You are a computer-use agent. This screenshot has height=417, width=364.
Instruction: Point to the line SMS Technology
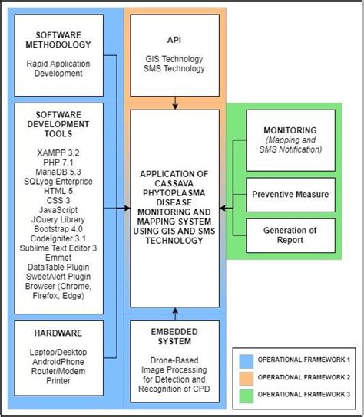[x=175, y=69]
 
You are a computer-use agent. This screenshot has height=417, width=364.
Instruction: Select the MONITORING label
[x=290, y=130]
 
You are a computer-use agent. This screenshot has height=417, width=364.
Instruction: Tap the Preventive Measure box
[x=290, y=195]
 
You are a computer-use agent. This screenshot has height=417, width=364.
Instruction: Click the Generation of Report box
[x=290, y=235]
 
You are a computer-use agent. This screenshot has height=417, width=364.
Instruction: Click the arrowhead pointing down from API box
[x=176, y=106]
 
